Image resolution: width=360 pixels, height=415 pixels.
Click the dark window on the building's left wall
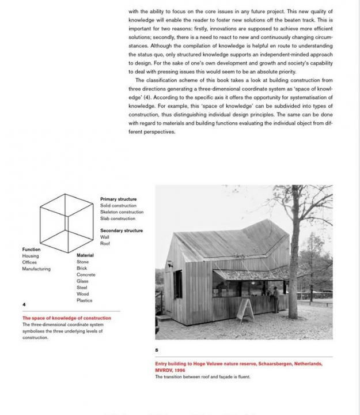click(x=178, y=284)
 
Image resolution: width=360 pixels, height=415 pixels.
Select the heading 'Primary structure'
click(x=118, y=199)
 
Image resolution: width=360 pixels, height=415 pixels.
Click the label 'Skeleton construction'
click(x=122, y=212)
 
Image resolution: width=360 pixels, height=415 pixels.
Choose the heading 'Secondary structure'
click(x=122, y=231)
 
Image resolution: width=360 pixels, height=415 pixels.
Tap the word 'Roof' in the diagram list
click(x=105, y=243)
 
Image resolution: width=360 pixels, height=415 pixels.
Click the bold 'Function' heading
click(x=31, y=250)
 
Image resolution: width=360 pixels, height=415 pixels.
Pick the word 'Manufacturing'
click(x=36, y=269)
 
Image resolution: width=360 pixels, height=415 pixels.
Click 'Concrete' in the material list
click(x=86, y=275)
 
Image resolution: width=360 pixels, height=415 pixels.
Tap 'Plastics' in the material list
click(x=84, y=300)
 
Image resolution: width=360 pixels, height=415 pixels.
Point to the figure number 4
click(x=24, y=304)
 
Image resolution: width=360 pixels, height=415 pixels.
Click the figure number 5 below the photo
click(x=157, y=350)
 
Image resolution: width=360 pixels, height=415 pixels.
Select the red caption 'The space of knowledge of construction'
click(x=67, y=318)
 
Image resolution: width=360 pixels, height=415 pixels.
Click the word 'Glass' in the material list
click(x=82, y=281)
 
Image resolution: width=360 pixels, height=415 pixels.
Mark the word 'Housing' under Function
click(x=31, y=256)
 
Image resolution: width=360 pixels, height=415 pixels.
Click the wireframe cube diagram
click(x=66, y=222)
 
